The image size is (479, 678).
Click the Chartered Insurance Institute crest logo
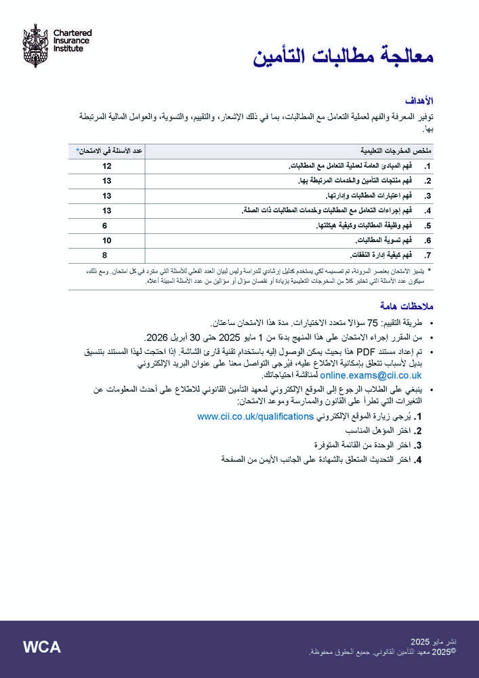coord(35,45)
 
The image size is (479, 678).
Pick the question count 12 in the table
coord(106,166)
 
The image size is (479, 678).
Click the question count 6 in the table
coord(105,225)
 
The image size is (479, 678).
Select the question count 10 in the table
coord(106,240)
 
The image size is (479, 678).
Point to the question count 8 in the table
coord(105,255)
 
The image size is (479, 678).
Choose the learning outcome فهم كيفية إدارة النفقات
coord(379,256)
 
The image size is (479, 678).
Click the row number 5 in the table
coord(428,226)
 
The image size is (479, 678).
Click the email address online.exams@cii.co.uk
coord(371,374)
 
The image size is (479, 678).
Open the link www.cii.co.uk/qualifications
coord(255,416)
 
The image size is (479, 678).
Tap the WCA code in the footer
coord(41,647)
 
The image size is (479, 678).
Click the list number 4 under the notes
coord(419,460)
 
